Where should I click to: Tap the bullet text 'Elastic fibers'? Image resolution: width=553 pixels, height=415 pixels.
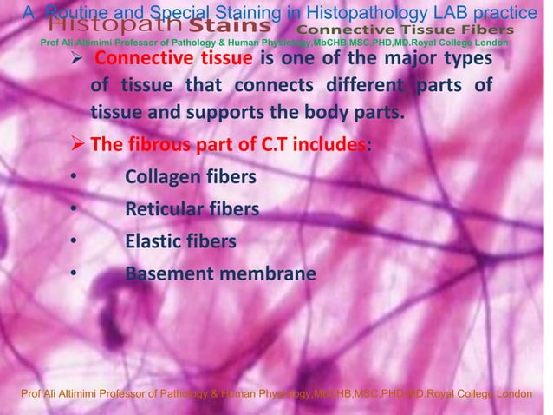[180, 242]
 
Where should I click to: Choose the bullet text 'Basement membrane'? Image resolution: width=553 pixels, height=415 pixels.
[220, 274]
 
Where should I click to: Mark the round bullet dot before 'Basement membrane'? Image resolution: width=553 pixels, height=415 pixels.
[74, 275]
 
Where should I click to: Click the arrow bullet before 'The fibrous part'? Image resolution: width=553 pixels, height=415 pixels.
[78, 145]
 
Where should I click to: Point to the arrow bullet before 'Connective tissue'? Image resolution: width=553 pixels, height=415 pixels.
[78, 59]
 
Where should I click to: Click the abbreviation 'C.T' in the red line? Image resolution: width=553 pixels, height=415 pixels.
[277, 145]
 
